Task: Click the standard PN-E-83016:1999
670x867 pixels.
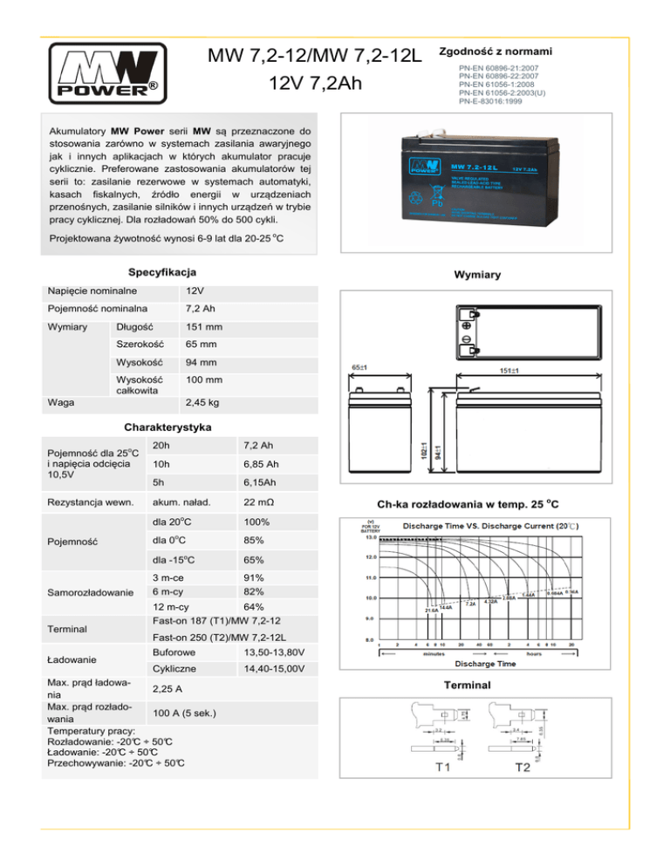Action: tap(491, 101)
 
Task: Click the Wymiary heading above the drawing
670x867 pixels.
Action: tap(479, 275)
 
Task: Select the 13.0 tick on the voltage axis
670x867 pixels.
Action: tap(371, 536)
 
